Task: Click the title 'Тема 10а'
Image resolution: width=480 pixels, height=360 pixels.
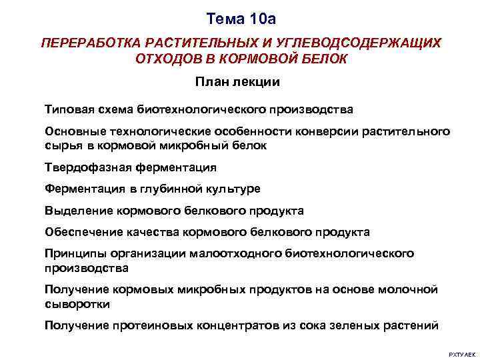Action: [240, 17]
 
